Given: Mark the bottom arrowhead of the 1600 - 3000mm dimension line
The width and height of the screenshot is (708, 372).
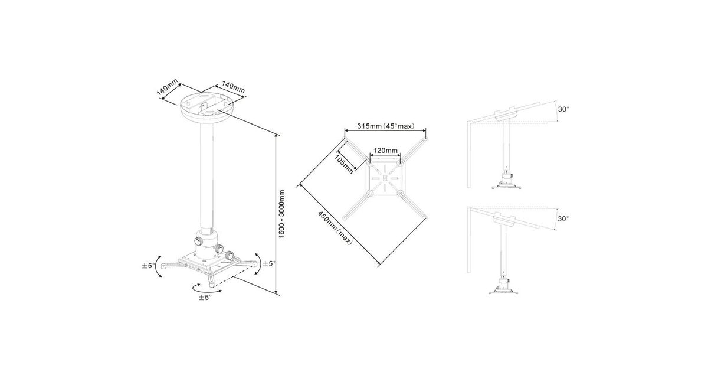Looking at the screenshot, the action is tap(277, 293).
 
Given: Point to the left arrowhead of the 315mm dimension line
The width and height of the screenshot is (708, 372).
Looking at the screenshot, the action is tap(346, 130).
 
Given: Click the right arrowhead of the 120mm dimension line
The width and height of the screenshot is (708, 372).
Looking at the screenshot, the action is tap(399, 155).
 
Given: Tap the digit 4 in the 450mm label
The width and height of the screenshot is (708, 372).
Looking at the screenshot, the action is tap(320, 214).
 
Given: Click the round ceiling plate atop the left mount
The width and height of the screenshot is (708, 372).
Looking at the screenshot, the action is tap(206, 107).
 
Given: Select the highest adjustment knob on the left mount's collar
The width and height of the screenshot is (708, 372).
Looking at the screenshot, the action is tap(199, 241).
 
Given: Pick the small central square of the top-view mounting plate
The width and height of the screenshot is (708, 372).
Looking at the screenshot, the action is tap(385, 178).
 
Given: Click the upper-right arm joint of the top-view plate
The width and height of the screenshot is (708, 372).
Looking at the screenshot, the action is tap(400, 164).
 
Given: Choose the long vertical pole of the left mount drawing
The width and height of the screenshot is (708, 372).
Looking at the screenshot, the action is tap(206, 177).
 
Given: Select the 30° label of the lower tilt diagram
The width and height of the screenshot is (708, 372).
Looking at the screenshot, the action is tap(563, 218).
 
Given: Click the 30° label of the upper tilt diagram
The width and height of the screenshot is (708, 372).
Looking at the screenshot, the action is tap(563, 109).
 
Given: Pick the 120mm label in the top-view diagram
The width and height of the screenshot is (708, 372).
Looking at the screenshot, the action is tap(385, 150).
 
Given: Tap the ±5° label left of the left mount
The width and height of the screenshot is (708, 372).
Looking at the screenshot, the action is tap(149, 265).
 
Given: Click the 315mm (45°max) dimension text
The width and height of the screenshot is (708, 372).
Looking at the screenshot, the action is tap(386, 126).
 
